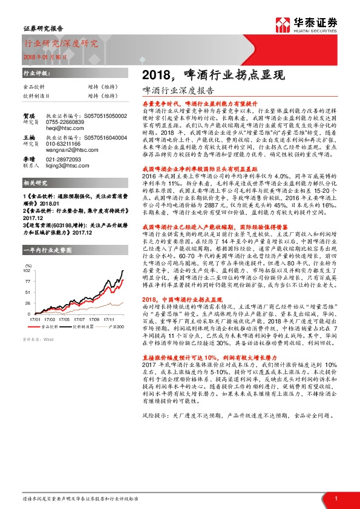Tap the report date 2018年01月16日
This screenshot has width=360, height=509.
tap(46, 56)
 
